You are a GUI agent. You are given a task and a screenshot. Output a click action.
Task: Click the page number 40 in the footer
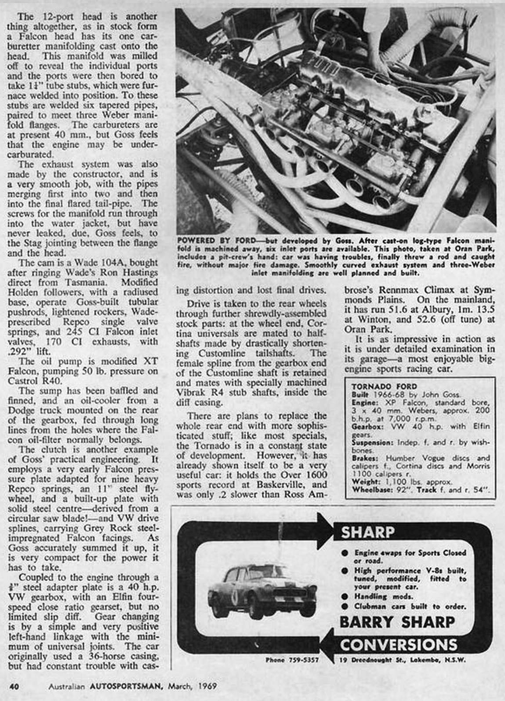[x=13, y=687]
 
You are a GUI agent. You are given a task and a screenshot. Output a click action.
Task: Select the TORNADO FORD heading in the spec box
[x=384, y=387]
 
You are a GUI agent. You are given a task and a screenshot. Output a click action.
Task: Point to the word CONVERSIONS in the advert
[x=399, y=644]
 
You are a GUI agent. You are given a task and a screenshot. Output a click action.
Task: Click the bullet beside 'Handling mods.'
[x=345, y=597]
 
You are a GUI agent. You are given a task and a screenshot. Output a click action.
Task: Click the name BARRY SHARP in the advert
[x=397, y=622]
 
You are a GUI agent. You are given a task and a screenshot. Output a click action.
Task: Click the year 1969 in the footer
[x=207, y=687]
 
